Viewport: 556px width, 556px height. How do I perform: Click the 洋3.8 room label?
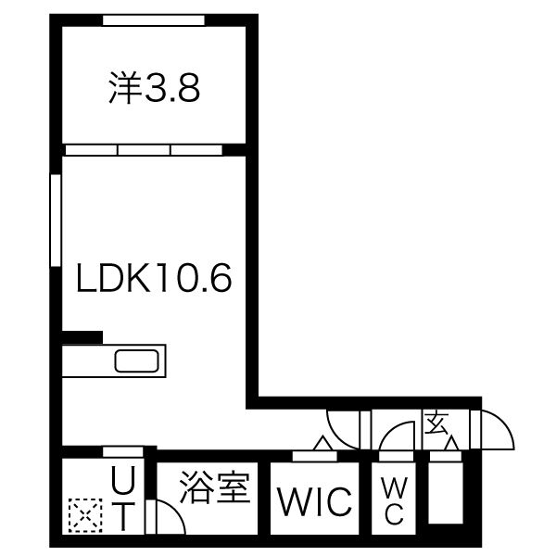[x=154, y=88]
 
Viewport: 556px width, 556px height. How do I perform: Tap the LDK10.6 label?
[x=154, y=278]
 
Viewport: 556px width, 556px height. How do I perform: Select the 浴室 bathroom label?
[x=215, y=486]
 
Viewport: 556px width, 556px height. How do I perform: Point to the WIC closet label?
[x=315, y=501]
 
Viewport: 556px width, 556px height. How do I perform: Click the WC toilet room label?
[x=395, y=500]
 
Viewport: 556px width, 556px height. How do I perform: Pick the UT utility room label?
[x=123, y=499]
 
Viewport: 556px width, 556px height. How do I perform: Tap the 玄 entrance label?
[x=437, y=423]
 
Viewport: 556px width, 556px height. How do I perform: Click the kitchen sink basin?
[x=137, y=361]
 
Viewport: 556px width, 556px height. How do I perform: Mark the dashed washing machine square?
[x=85, y=515]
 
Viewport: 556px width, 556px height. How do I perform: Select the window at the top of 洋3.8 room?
[x=154, y=20]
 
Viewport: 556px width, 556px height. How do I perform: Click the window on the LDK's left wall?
[x=56, y=221]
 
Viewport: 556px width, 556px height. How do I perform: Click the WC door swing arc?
[x=390, y=431]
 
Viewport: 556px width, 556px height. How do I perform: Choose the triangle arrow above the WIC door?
[x=322, y=443]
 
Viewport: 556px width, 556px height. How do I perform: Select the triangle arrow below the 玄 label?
[x=451, y=444]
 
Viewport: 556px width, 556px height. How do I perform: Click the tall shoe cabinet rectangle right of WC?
[x=446, y=492]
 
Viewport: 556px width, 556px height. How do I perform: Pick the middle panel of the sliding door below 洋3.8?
[x=144, y=150]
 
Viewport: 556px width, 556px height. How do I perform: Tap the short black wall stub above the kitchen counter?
[x=82, y=337]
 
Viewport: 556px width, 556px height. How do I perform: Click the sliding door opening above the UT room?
[x=122, y=452]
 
